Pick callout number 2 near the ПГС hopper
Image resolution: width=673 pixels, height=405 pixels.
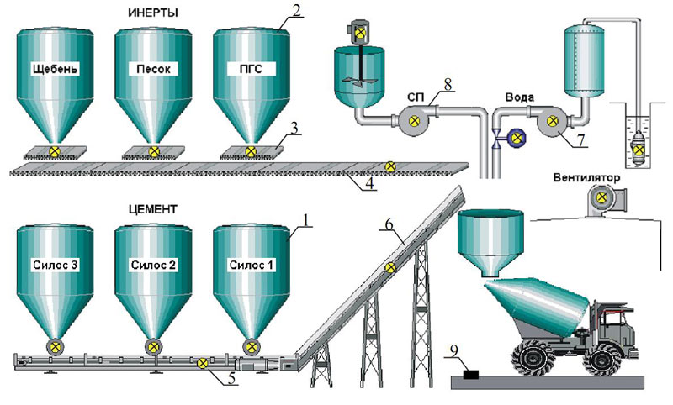[x=295, y=12]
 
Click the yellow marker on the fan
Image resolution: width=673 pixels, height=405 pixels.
[x=601, y=199]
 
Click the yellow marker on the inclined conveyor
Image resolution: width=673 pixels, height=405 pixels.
[x=390, y=268]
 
